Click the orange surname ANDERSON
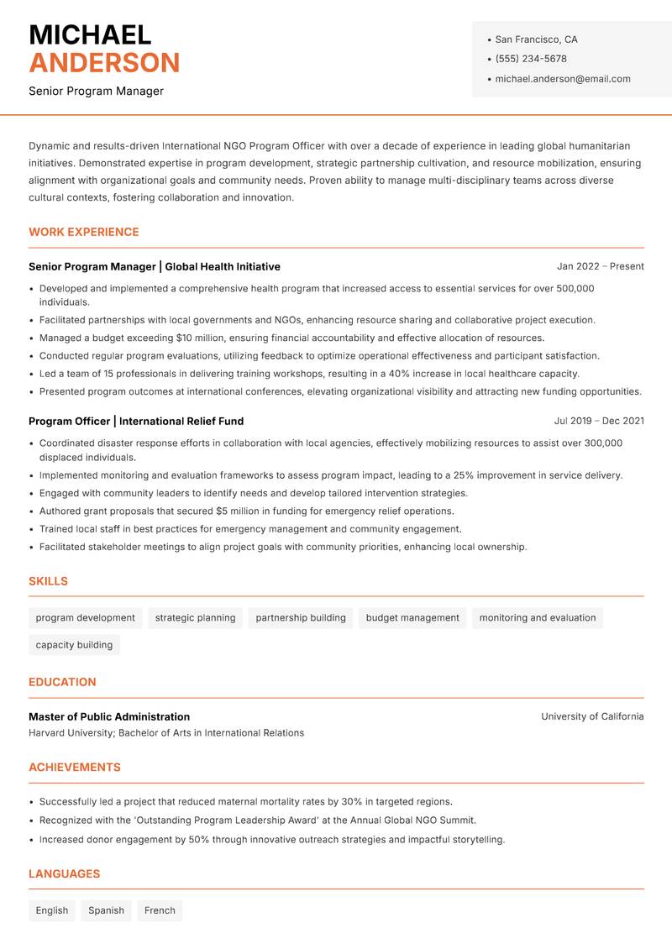click(x=104, y=63)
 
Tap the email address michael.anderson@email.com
click(x=563, y=79)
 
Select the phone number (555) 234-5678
click(x=531, y=59)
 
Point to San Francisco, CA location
click(x=536, y=39)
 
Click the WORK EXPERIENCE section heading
click(x=84, y=232)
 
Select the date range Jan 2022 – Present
click(x=600, y=266)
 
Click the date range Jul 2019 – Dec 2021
click(x=599, y=421)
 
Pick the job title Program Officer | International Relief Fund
click(x=136, y=421)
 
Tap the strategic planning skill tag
click(x=195, y=618)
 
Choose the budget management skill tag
click(x=412, y=618)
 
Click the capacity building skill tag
click(x=74, y=645)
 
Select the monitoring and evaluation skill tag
click(x=538, y=618)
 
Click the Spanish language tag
click(x=106, y=910)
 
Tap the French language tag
click(x=160, y=910)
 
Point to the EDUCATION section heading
click(x=62, y=682)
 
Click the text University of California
click(x=592, y=716)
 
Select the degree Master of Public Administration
click(x=109, y=716)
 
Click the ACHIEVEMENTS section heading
click(x=75, y=767)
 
